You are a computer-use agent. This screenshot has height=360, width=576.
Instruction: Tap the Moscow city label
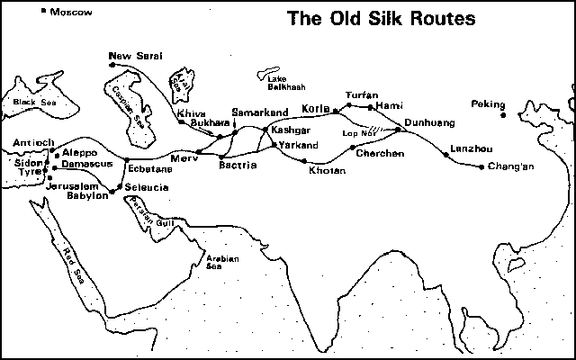click(x=73, y=13)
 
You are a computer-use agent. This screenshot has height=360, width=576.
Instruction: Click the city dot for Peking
click(x=504, y=115)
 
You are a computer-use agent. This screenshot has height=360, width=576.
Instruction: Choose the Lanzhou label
click(x=466, y=148)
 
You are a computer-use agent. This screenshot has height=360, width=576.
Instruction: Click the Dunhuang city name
click(x=429, y=121)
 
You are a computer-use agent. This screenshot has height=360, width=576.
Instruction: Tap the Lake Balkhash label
click(x=285, y=83)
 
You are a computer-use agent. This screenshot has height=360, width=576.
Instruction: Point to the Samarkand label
click(x=259, y=112)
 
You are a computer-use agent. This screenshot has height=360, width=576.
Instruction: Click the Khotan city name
click(x=327, y=170)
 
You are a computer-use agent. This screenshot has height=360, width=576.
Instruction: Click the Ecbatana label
click(x=147, y=167)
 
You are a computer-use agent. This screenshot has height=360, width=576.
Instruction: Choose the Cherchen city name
click(x=379, y=154)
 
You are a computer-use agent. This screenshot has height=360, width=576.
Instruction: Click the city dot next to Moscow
click(x=46, y=12)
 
